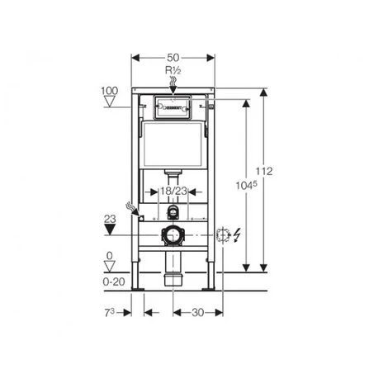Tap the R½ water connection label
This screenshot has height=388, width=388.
173,72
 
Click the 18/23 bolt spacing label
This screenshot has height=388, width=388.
173,191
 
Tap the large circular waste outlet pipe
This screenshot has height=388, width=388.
173,235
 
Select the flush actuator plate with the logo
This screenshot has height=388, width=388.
173,106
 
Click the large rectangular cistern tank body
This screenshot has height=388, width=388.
173,148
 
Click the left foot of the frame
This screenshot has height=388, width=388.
138,288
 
